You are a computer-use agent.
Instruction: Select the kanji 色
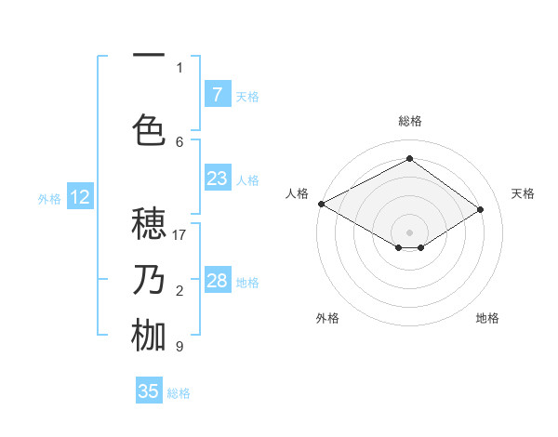[x=150, y=128]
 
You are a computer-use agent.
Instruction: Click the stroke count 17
[x=179, y=234]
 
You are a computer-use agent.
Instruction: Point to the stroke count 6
[x=179, y=141]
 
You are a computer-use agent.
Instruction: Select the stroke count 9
[x=179, y=346]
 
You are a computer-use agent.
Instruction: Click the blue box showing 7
[x=217, y=94]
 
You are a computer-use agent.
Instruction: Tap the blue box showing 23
[x=217, y=178]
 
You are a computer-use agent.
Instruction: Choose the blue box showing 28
[x=217, y=281]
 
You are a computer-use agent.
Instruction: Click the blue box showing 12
[x=79, y=197]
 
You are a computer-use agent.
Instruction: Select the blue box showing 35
[x=149, y=391]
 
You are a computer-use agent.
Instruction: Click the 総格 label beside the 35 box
[x=179, y=393]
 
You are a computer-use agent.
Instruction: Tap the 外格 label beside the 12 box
[x=49, y=198]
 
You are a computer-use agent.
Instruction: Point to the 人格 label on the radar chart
[x=297, y=193]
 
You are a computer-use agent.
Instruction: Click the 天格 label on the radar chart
[x=523, y=193]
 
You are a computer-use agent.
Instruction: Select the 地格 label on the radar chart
[x=487, y=318]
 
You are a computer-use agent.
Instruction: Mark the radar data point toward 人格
[x=321, y=204]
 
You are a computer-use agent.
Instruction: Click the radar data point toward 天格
[x=481, y=210]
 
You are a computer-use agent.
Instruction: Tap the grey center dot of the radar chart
[x=409, y=232]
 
